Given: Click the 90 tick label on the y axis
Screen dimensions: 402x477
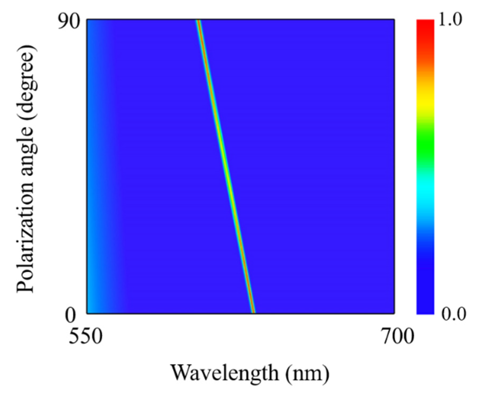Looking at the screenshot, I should pyautogui.click(x=69, y=22).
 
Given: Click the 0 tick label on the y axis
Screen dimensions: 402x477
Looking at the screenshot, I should pyautogui.click(x=71, y=315).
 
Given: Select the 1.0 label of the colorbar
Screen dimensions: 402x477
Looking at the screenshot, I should pyautogui.click(x=450, y=20).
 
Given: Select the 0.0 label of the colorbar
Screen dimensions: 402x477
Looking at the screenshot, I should pyautogui.click(x=453, y=314).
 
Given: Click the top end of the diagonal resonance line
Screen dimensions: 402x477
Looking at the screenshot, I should pyautogui.click(x=198, y=21).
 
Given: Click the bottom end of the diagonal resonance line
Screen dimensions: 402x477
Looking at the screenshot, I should pyautogui.click(x=253, y=312).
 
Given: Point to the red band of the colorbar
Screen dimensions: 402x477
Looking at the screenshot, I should pyautogui.click(x=425, y=29).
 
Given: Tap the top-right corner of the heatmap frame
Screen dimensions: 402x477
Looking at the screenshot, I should pyautogui.click(x=394, y=19).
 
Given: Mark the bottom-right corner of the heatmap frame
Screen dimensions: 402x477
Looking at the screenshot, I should pyautogui.click(x=394, y=314).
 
